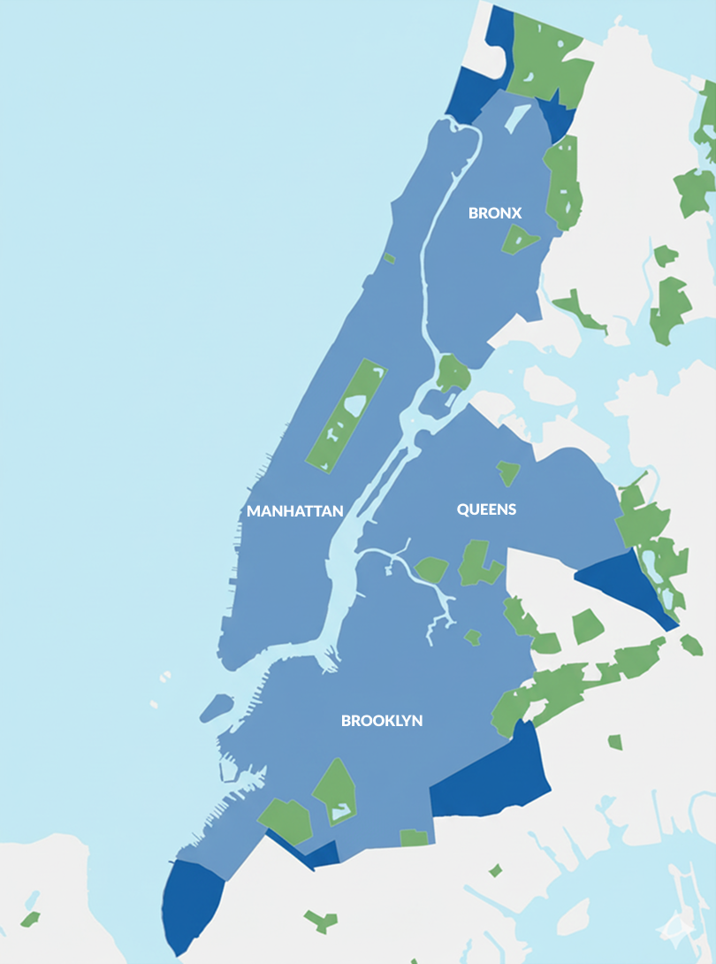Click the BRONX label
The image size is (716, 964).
[x=495, y=213]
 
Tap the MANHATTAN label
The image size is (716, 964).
[x=294, y=511]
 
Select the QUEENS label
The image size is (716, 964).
[x=486, y=509]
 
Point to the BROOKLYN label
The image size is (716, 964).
[x=382, y=721]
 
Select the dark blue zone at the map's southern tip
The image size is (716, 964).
[x=190, y=907]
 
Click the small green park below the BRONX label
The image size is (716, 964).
[x=519, y=238]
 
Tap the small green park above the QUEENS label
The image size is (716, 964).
[x=508, y=472]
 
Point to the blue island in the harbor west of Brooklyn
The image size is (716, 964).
[x=217, y=708]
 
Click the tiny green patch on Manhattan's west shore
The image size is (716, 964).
[x=389, y=258]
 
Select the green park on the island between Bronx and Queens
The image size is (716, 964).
[x=453, y=372]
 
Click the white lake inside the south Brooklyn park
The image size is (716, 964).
[x=339, y=807]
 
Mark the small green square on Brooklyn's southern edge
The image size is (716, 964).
[x=414, y=837]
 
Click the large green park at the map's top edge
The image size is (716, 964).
[x=548, y=53]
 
